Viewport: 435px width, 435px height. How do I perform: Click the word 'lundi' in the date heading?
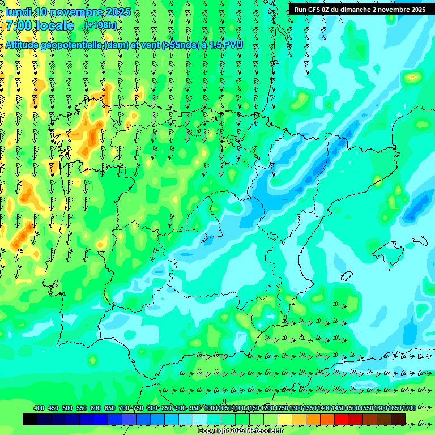pos(18,12)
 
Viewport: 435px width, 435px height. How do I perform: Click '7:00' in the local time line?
pos(19,25)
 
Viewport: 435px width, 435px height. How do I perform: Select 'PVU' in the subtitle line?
pos(232,45)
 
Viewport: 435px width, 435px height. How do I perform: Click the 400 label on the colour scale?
pos(39,408)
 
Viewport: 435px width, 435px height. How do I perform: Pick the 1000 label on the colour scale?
pos(211,408)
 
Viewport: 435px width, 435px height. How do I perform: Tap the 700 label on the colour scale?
pos(124,408)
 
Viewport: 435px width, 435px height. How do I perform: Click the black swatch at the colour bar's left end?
pos(30,419)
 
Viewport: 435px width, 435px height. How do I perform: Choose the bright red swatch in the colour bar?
pos(341,419)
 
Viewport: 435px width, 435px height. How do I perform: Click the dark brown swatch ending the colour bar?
pos(398,419)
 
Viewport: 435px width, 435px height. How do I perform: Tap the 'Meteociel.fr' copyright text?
pos(262,431)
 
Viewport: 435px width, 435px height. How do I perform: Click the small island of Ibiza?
pos(347,275)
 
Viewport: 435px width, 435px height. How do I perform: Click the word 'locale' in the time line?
pos(54,25)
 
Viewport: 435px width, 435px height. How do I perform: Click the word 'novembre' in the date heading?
pos(76,12)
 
